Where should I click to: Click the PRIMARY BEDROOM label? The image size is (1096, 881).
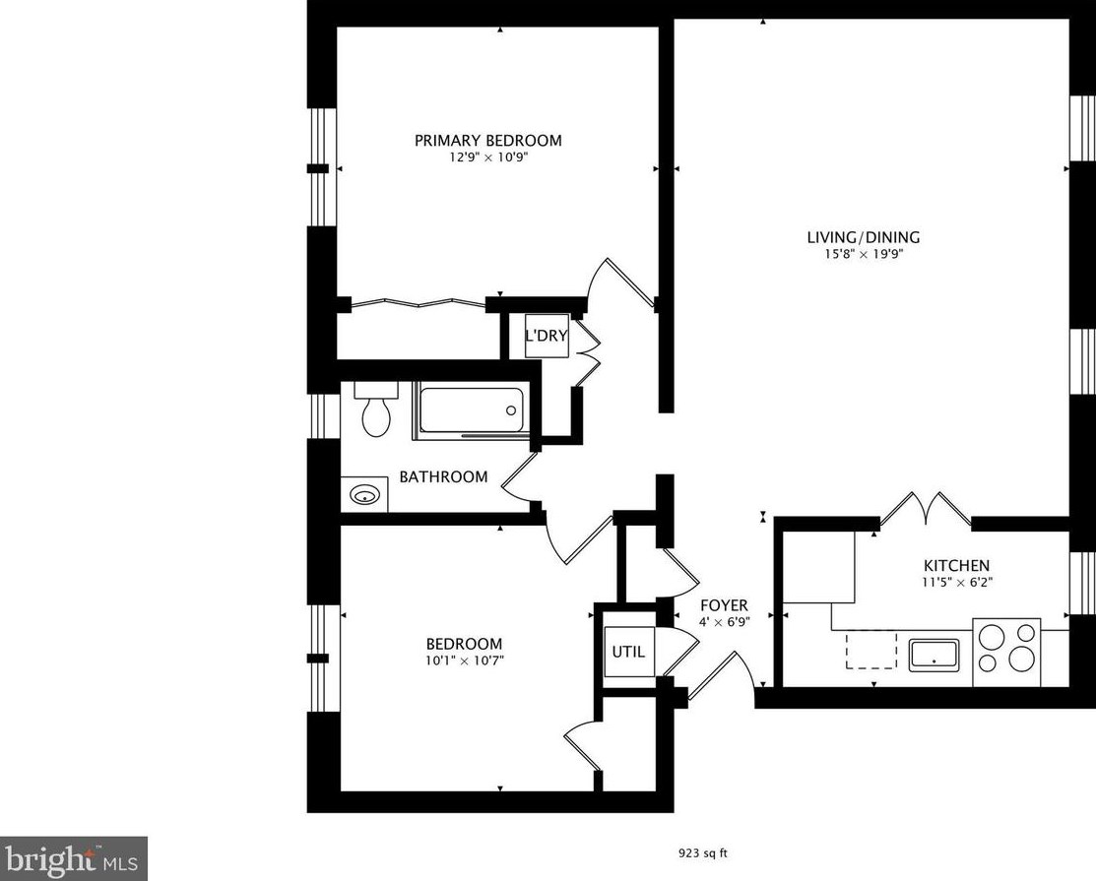click(487, 141)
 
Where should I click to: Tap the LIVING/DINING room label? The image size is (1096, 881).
click(863, 237)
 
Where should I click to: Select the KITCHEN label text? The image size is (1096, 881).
click(955, 565)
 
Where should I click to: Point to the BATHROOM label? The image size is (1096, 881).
click(443, 477)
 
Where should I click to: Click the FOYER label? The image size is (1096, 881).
click(724, 605)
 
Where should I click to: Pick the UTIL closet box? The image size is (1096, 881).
click(629, 652)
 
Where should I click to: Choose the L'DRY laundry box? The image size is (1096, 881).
click(547, 336)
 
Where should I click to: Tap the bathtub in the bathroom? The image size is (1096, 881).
click(470, 409)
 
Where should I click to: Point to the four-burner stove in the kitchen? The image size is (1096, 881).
click(1006, 652)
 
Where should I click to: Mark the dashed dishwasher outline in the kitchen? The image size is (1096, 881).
click(871, 651)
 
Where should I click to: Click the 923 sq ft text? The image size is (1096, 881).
click(708, 853)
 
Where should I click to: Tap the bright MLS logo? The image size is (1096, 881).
click(74, 858)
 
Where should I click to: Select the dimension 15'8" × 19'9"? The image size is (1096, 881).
click(863, 254)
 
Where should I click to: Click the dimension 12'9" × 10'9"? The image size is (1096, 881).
click(487, 157)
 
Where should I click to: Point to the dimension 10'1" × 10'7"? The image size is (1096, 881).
click(461, 661)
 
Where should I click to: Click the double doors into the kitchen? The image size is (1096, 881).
click(926, 508)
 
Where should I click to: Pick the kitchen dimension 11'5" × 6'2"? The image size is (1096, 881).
click(955, 582)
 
